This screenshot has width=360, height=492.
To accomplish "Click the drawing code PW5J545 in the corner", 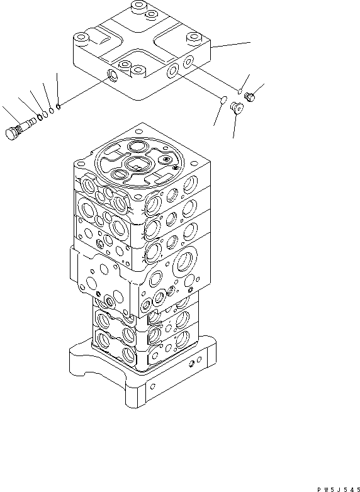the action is coord(338,489).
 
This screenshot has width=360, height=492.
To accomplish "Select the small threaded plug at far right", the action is coord(249,97).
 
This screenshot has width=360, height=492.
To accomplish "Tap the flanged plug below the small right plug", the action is coord(237,108).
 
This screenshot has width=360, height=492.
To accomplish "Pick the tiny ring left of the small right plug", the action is coord(240,92).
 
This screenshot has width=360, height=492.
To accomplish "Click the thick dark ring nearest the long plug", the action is coord(40,117).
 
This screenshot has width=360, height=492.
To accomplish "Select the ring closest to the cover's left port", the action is coord(58,108).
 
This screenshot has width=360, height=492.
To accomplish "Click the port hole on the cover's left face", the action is coord(113,75).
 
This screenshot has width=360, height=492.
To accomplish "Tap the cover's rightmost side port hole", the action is coord(188,61).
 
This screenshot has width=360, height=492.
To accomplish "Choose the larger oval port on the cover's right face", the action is coord(173,70).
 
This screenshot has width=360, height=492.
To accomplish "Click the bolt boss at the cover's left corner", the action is coord(81,39).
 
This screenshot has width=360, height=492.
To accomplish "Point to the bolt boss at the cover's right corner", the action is coord(193,38).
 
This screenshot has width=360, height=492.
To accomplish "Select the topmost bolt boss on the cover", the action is coord(138,6).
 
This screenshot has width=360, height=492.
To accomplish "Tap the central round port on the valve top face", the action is coord(138,164).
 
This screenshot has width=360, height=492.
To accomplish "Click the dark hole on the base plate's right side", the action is coord(191,364).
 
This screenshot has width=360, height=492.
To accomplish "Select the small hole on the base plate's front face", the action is coord(152,386).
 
